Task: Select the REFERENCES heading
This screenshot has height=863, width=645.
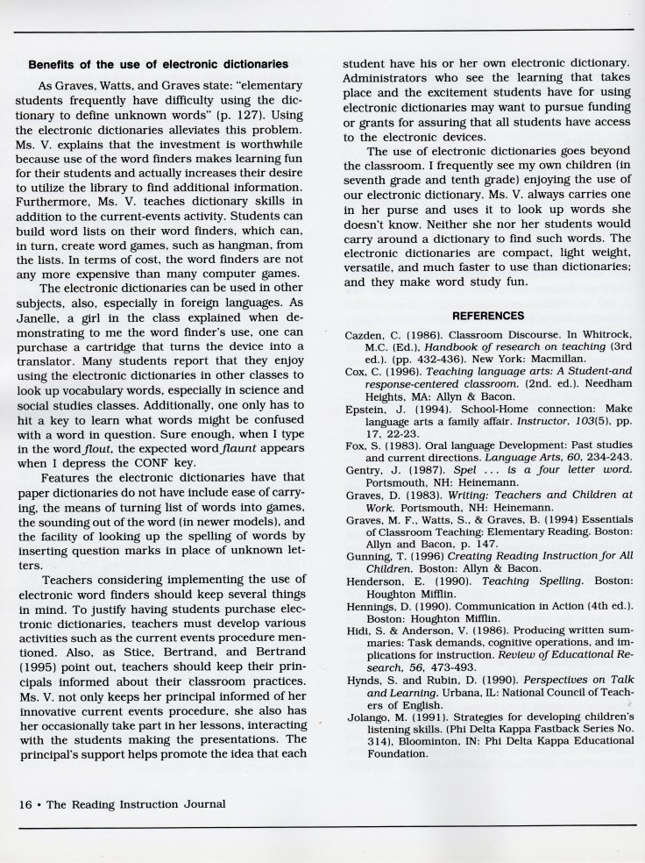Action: (488, 315)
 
